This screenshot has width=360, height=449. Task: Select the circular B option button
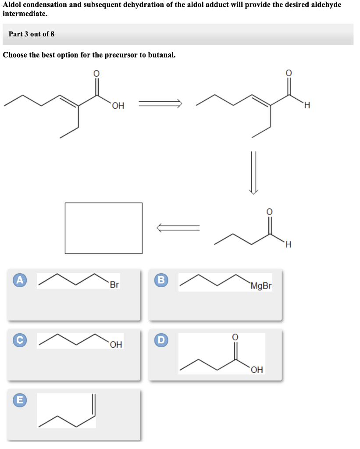coord(162,280)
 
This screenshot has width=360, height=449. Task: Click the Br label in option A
coord(114,285)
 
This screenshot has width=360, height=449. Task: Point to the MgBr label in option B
coord(261,286)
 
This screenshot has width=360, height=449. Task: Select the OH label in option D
coord(257,370)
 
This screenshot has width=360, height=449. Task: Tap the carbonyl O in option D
coord(235,337)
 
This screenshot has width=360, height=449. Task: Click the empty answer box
coord(103,228)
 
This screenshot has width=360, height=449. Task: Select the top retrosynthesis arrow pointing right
coord(160,104)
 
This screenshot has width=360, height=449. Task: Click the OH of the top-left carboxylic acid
coord(118,106)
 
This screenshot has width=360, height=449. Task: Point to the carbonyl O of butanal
coord(269,212)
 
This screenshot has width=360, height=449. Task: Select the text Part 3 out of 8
coord(32,34)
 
